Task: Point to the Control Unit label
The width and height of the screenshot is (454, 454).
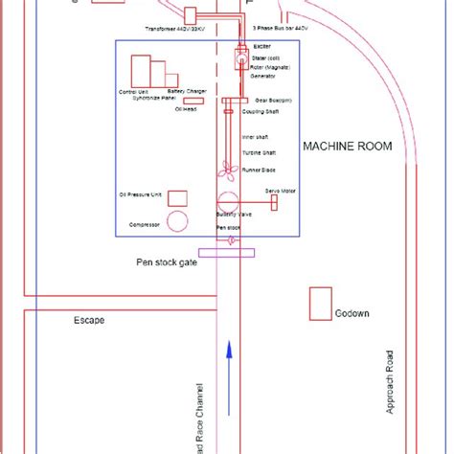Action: pos(133,92)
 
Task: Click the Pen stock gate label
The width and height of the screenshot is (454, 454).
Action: pos(164,261)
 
